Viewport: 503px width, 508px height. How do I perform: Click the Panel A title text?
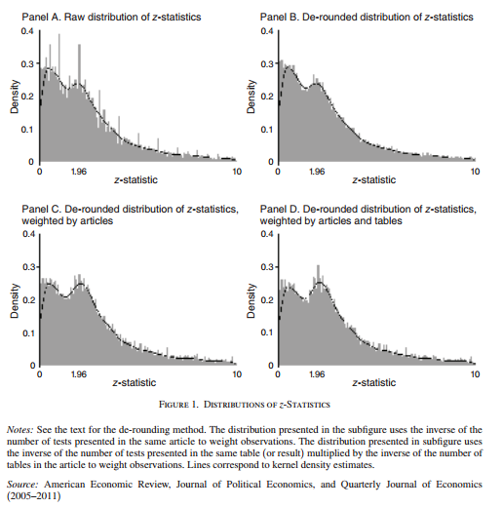coord(126,18)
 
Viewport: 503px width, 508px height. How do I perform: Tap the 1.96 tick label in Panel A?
coord(80,171)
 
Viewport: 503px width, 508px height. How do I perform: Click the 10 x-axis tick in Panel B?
coord(475,171)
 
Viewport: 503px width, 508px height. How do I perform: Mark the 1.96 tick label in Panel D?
coord(317,373)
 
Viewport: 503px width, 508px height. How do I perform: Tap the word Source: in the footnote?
coord(22,483)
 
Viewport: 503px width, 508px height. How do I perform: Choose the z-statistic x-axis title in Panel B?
coord(375,180)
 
